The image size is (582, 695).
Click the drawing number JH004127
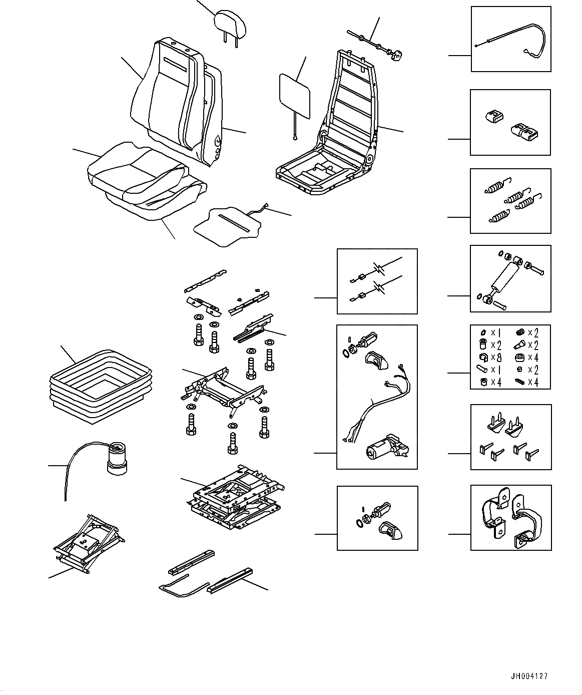point(529,676)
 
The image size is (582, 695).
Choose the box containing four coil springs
point(510,201)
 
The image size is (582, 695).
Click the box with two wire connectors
point(377,281)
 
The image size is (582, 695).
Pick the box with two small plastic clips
point(510,123)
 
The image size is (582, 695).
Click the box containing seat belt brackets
point(510,518)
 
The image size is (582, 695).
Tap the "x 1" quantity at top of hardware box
point(495,333)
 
